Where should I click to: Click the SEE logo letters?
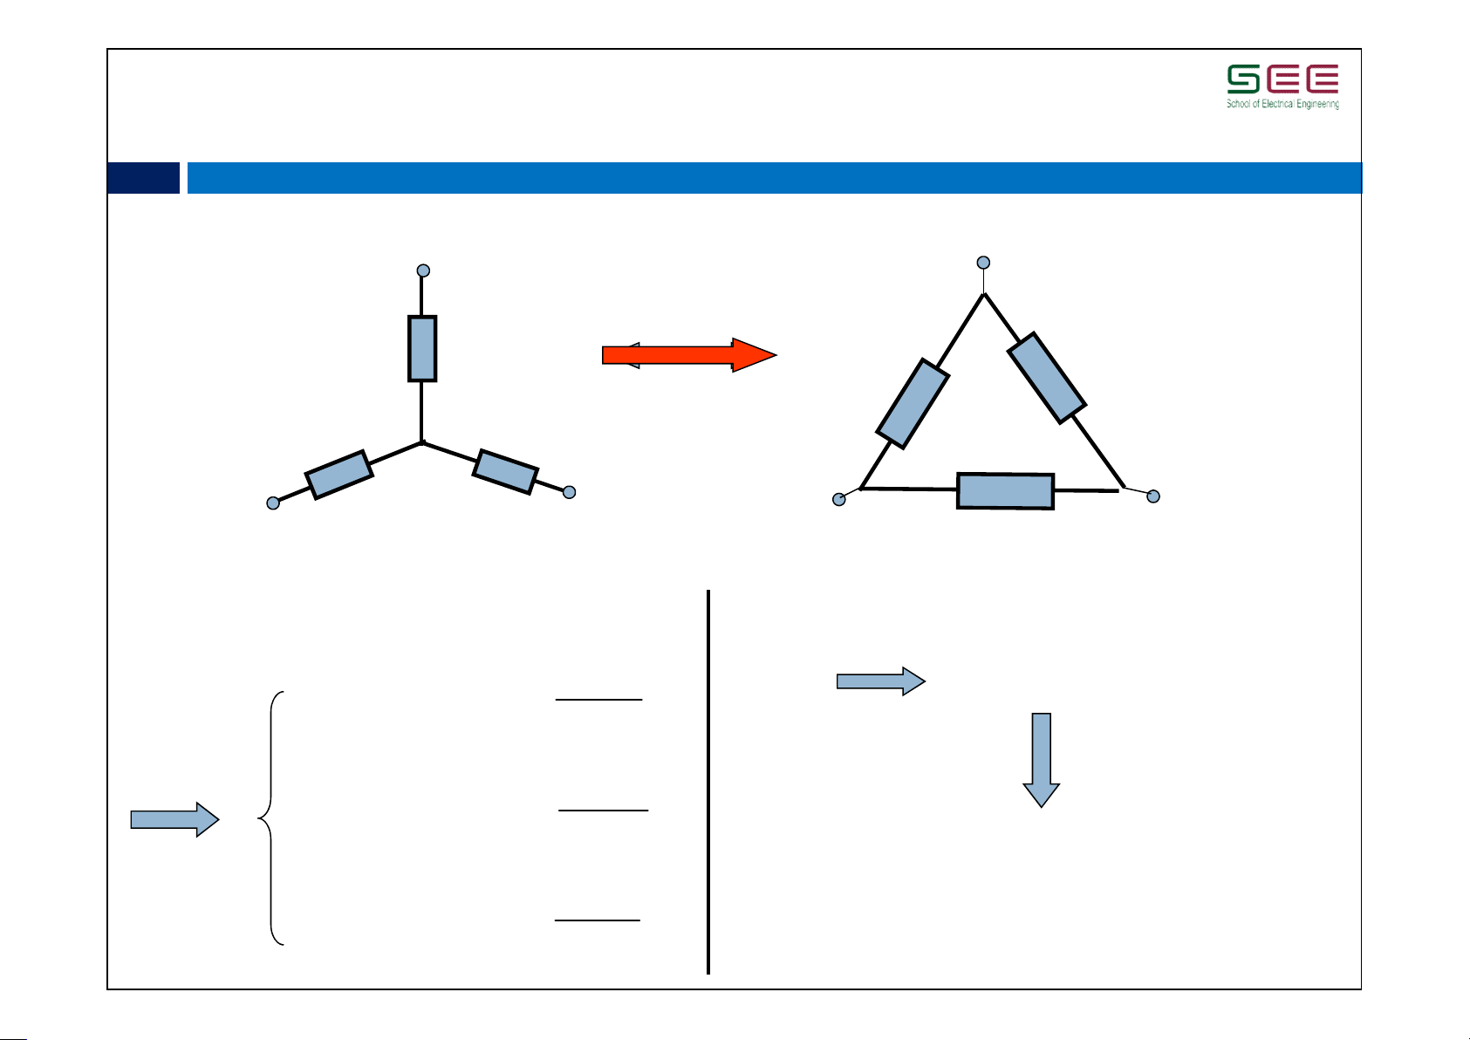pyautogui.click(x=1283, y=79)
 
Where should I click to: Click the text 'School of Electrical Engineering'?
pyautogui.click(x=1283, y=104)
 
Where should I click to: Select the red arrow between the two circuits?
pyautogui.click(x=689, y=355)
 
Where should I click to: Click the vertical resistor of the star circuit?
pyautogui.click(x=422, y=348)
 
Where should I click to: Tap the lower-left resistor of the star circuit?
pyautogui.click(x=338, y=475)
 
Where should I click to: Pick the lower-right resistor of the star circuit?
pyautogui.click(x=505, y=471)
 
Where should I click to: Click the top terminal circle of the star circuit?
pyautogui.click(x=423, y=270)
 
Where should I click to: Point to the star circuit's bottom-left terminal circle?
pyautogui.click(x=273, y=503)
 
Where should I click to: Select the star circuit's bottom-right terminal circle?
pyautogui.click(x=570, y=492)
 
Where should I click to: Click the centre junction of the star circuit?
pyautogui.click(x=422, y=443)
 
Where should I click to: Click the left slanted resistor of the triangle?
pyautogui.click(x=913, y=404)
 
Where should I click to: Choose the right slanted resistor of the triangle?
pyautogui.click(x=1047, y=378)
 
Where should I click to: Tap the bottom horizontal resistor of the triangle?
pyautogui.click(x=1005, y=491)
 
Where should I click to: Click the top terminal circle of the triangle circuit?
pyautogui.click(x=983, y=263)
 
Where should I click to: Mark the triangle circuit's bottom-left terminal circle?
pyautogui.click(x=838, y=499)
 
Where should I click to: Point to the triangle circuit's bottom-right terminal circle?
pyautogui.click(x=1153, y=496)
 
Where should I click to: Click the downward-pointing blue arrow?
pyautogui.click(x=1042, y=760)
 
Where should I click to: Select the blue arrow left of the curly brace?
pyautogui.click(x=174, y=819)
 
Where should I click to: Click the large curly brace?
pyautogui.click(x=271, y=818)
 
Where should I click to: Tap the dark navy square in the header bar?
pyautogui.click(x=143, y=178)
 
